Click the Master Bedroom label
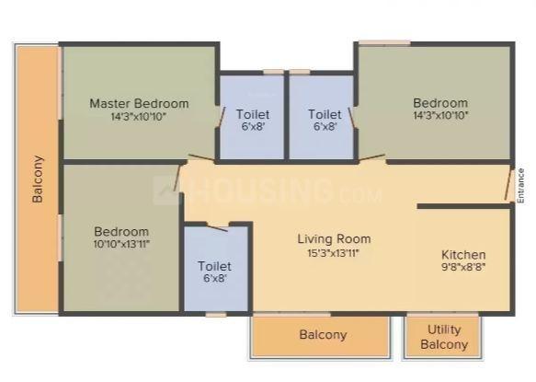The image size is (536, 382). (x=139, y=103)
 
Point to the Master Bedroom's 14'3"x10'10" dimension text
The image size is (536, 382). (x=139, y=117)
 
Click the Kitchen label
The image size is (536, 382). (x=463, y=254)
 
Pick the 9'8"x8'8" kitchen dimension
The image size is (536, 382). (x=463, y=268)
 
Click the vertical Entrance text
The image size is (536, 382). (x=520, y=184)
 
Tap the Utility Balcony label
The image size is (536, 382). (x=444, y=337)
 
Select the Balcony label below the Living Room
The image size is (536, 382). (x=323, y=335)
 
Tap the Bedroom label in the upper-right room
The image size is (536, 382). (x=439, y=103)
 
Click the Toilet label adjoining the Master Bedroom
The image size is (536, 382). (x=252, y=114)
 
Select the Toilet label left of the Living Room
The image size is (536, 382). (x=214, y=266)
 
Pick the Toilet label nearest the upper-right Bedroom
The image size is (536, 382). (x=324, y=114)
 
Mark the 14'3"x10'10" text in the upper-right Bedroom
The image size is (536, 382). (x=439, y=117)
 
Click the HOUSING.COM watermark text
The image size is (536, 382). (x=276, y=191)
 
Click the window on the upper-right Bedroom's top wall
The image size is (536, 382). (x=383, y=41)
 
